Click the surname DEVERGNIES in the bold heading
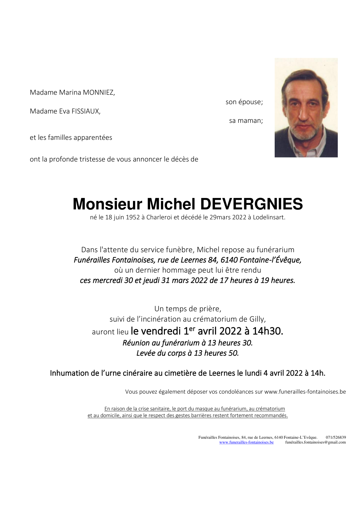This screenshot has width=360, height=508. click(251, 204)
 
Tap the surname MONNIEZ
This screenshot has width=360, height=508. click(99, 93)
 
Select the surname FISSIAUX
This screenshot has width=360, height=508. click(86, 111)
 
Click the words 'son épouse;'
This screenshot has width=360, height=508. click(244, 102)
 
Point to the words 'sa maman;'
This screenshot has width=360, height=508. click(246, 121)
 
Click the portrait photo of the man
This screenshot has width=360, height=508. click(306, 108)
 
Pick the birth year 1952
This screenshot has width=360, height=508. click(133, 217)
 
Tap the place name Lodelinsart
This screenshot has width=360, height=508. click(269, 217)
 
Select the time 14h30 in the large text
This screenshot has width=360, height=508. click(267, 331)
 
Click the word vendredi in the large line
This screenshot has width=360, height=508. click(161, 331)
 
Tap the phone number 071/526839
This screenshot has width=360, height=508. click(336, 437)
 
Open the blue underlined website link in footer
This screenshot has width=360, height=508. click(246, 442)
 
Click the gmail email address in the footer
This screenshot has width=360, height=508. click(315, 442)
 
